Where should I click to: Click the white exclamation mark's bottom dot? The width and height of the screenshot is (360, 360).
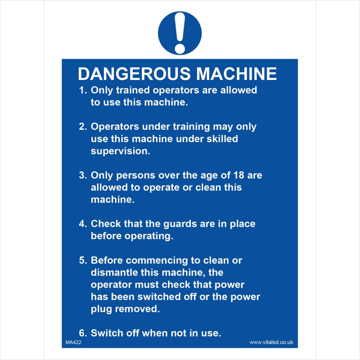180,48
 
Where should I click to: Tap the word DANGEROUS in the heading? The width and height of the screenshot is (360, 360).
134,74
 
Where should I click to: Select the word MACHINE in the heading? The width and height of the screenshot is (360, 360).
236,74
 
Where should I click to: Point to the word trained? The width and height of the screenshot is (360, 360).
132,90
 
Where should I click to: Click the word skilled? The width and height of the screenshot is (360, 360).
221,139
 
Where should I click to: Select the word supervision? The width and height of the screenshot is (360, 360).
120,151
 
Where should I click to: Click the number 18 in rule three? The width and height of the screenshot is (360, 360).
238,175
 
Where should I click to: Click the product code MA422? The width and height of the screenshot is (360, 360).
73,342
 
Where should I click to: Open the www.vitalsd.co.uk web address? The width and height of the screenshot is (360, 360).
271,342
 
